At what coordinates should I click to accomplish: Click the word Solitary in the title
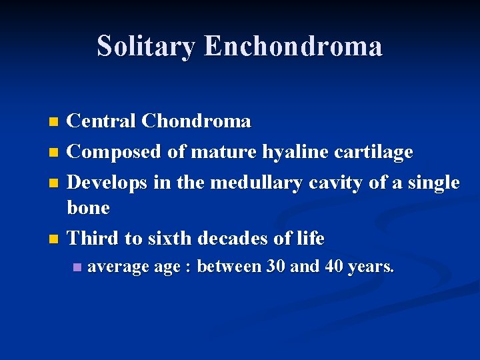click(147, 46)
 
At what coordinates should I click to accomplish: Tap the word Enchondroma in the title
click(293, 46)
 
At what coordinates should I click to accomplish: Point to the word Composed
click(115, 152)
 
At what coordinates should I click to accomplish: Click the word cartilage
click(375, 152)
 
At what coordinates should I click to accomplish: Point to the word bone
click(88, 207)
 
